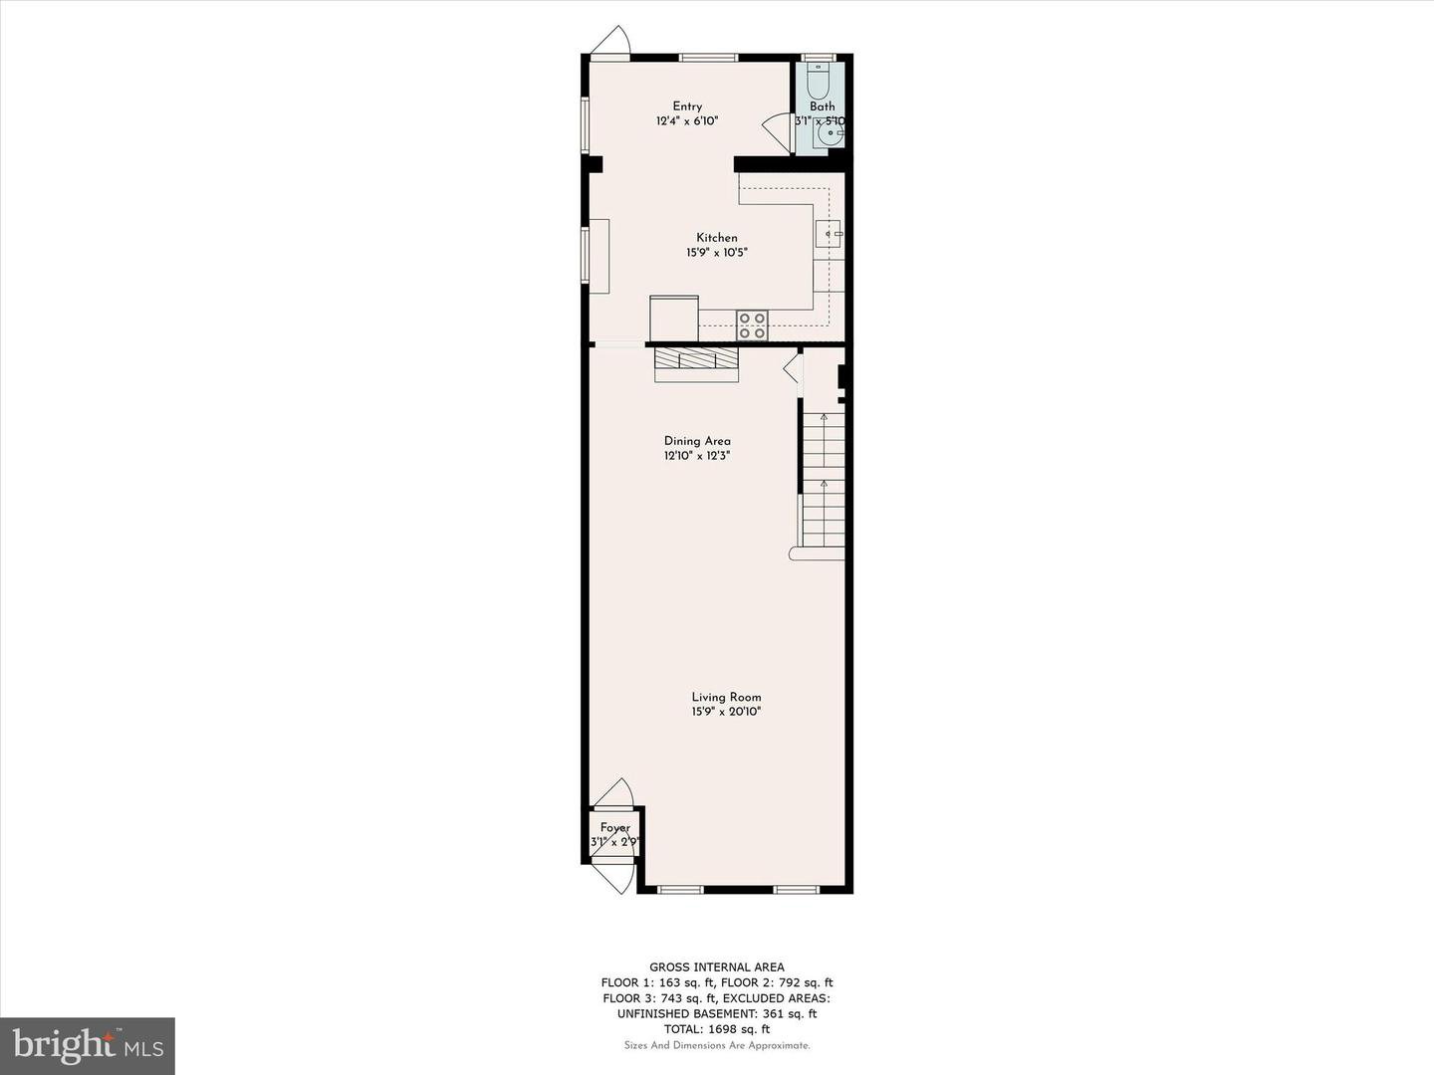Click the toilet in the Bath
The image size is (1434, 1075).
pos(818,81)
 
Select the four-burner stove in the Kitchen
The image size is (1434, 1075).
pos(752,325)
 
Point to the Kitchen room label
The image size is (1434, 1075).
pos(717,238)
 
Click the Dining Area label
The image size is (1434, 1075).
pos(697,441)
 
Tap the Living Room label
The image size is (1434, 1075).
pos(727,697)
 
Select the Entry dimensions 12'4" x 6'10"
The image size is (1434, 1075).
pos(687,120)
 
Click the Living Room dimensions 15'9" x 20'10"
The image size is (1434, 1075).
pos(727,712)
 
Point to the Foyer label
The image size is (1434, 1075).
pos(615,827)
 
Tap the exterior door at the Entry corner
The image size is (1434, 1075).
pos(610,42)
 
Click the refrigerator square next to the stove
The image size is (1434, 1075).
pos(674,319)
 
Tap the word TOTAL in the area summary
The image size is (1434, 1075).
pos(683,1029)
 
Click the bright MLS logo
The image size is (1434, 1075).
pos(88,1045)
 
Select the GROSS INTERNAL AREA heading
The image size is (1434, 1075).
pos(717,967)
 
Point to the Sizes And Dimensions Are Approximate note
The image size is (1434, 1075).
pos(717,1045)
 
